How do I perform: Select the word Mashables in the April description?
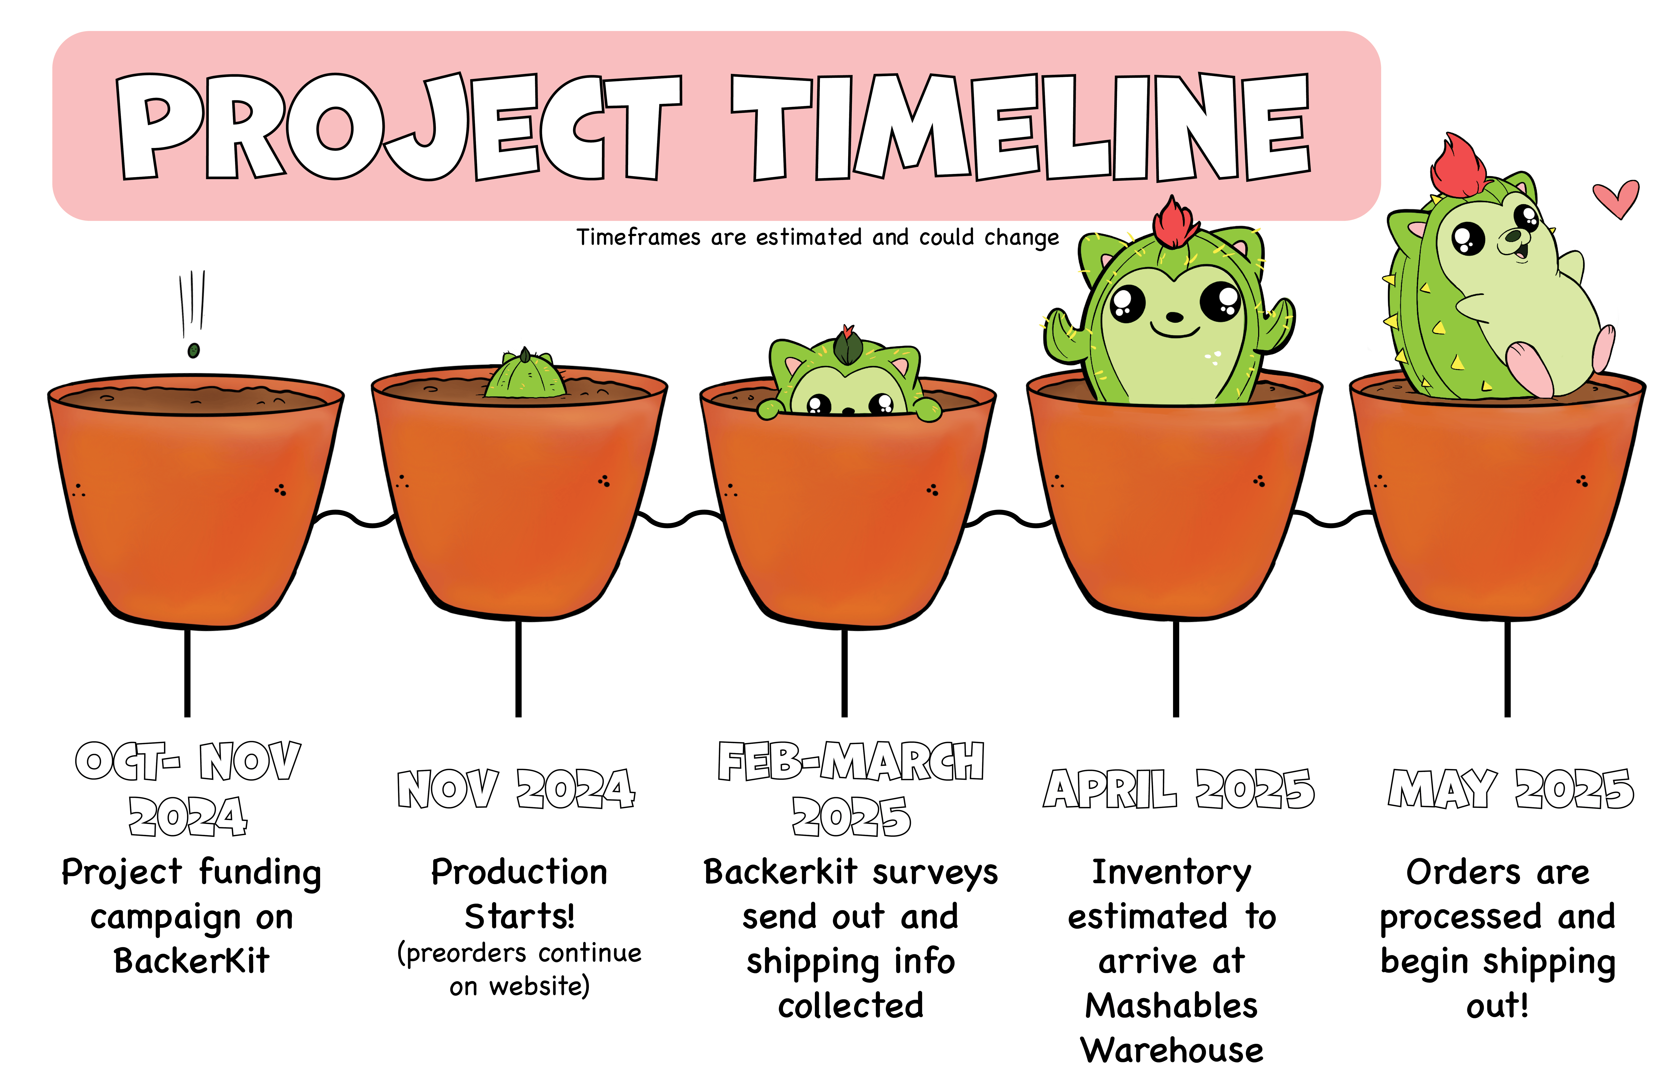[1172, 1006]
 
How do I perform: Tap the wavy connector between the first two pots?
[355, 518]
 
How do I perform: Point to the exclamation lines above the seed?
[192, 302]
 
